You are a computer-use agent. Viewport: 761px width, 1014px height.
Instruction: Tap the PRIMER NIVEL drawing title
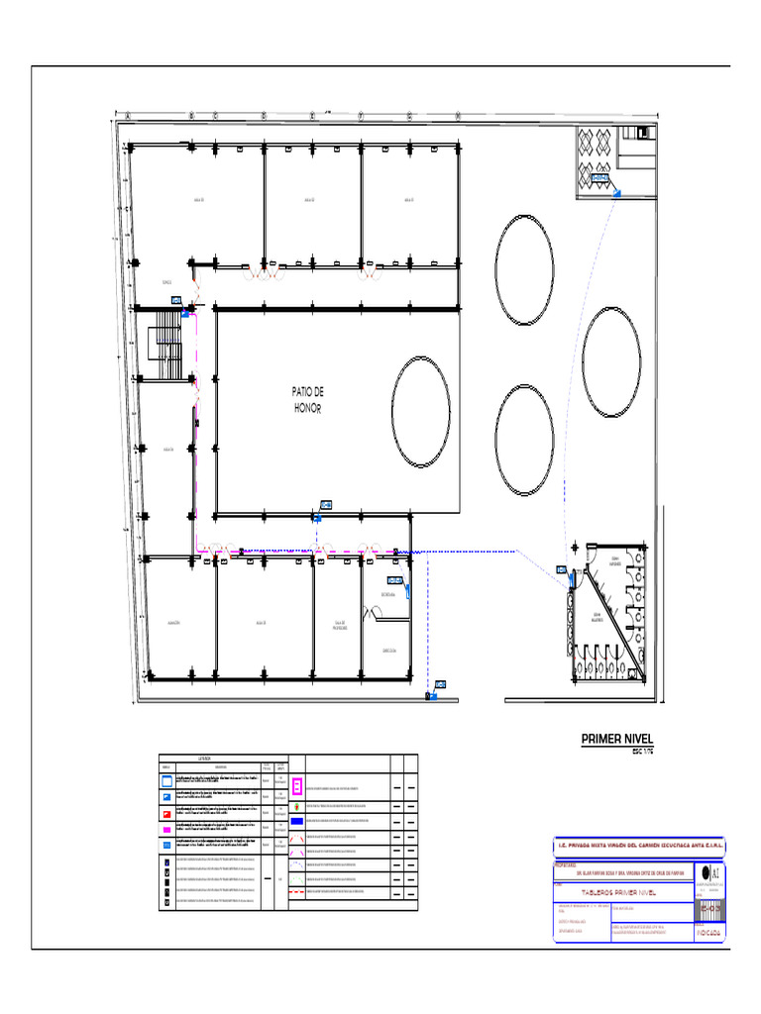(x=617, y=739)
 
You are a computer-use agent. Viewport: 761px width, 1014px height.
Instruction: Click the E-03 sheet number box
(x=708, y=907)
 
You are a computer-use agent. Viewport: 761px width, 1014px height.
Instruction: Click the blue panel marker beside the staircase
(x=176, y=301)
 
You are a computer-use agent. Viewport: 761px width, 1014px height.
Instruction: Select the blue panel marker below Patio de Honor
(x=326, y=505)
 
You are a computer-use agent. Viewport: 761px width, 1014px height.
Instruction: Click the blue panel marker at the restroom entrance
(x=562, y=570)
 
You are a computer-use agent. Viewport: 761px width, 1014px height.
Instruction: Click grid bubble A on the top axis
(x=127, y=115)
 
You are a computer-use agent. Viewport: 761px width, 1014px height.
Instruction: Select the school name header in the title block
(x=638, y=846)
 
